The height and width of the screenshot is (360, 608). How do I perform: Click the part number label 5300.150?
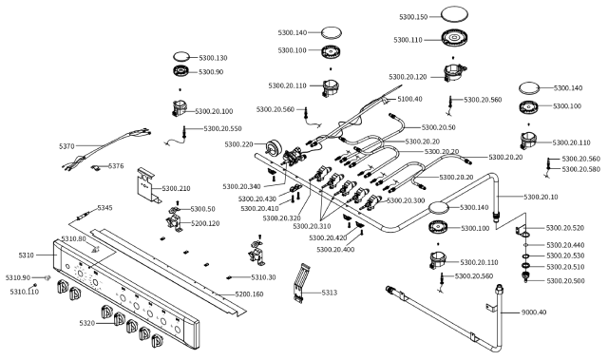tap(413, 17)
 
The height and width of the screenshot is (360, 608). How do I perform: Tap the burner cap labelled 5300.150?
tap(454, 14)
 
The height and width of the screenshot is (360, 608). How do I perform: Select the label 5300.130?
tap(213, 58)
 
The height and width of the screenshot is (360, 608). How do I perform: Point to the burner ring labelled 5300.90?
tap(181, 71)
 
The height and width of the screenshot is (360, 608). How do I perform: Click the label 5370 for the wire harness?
tap(66, 146)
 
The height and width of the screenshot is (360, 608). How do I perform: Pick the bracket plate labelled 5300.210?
tap(148, 185)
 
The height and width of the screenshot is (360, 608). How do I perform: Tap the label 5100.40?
tap(409, 99)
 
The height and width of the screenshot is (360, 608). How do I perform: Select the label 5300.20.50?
tap(438, 127)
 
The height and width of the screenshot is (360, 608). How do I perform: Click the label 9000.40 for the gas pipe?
tap(534, 312)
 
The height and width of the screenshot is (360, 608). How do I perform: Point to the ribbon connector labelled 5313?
tap(300, 283)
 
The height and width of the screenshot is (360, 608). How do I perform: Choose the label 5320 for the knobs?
tap(86, 323)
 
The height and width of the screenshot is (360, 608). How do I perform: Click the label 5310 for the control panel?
tap(27, 256)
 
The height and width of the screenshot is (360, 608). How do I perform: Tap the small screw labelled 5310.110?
tap(35, 285)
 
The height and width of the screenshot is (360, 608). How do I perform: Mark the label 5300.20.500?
tap(565, 281)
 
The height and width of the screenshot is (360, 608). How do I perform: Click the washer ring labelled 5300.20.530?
tap(525, 256)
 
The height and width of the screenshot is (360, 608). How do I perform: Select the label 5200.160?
tap(249, 294)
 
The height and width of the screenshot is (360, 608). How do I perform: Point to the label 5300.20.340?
tap(241, 187)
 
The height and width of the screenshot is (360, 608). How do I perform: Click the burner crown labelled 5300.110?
tap(454, 38)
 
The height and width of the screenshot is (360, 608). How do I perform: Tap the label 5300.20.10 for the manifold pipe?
tap(541, 198)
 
